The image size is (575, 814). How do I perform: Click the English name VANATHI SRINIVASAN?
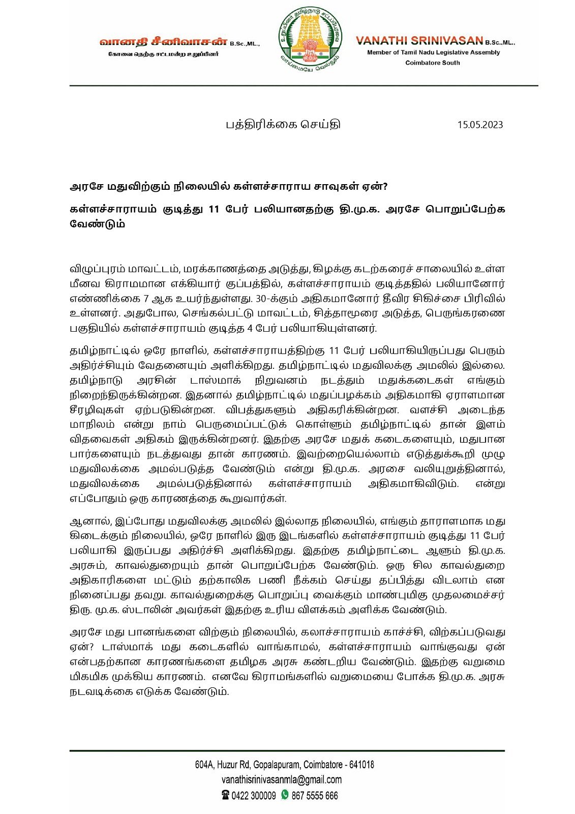point(418,41)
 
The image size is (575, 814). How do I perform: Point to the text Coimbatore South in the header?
point(432,63)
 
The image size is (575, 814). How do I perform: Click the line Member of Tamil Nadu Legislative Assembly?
point(433,52)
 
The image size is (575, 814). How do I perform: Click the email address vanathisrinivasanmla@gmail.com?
point(282,779)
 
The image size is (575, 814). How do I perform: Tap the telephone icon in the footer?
point(225,795)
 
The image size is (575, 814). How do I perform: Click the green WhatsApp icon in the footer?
point(285,795)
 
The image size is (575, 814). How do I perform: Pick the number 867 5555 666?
point(314,796)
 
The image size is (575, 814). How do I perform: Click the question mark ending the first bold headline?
point(385,187)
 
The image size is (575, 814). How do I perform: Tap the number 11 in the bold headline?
point(215,209)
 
